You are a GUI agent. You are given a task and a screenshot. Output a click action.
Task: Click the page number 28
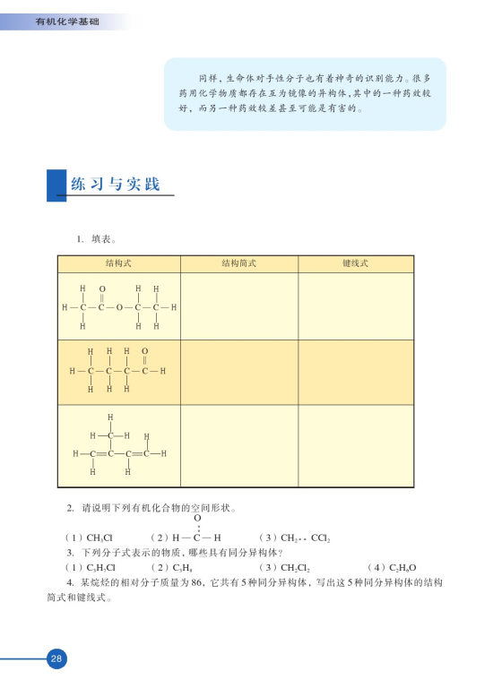coord(56,658)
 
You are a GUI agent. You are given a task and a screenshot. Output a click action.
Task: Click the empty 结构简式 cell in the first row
coord(239,305)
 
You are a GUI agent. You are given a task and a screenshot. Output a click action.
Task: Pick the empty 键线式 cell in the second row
coord(356,372)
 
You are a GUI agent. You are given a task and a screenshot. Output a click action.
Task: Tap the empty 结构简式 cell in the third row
coord(239,445)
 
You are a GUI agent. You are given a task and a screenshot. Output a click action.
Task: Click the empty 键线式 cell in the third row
coord(356,445)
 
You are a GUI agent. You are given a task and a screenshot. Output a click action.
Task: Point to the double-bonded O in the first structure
coord(101,289)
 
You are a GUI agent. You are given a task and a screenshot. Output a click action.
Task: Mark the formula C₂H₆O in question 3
coord(402,568)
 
